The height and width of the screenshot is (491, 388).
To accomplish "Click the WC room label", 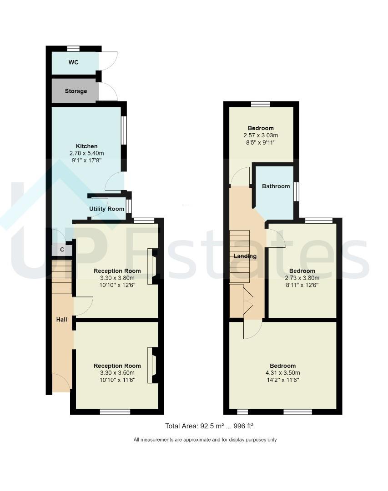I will pos(73,62).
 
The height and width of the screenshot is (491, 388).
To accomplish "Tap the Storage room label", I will pos(76,91).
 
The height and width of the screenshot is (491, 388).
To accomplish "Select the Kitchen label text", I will pos(86,146).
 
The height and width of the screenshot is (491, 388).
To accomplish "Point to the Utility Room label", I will pos(106,209).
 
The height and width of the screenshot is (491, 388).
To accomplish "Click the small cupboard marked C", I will pos(62,250).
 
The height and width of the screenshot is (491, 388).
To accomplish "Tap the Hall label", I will pos(61,320).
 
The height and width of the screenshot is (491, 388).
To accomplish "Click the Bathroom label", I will pos(276,186).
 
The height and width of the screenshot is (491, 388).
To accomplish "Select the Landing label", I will pos(245,256).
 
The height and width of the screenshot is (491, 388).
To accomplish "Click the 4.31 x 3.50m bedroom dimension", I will pos(282,373).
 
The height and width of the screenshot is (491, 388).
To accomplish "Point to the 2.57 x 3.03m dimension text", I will pos(261,135).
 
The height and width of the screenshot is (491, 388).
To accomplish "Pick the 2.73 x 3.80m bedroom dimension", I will pos(302,278).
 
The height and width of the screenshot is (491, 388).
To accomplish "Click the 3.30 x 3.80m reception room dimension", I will pos(117,278).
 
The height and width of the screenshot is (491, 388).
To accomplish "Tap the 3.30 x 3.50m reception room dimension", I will pos(117,373).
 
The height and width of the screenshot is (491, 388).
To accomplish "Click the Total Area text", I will pos(209,426).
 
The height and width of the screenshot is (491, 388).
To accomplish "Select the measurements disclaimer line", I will pos(205,440).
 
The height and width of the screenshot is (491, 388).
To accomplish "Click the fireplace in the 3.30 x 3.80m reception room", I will pos(152,266).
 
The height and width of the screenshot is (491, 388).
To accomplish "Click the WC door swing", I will pos(108,62).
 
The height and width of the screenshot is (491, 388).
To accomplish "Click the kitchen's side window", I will pos(123,131).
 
